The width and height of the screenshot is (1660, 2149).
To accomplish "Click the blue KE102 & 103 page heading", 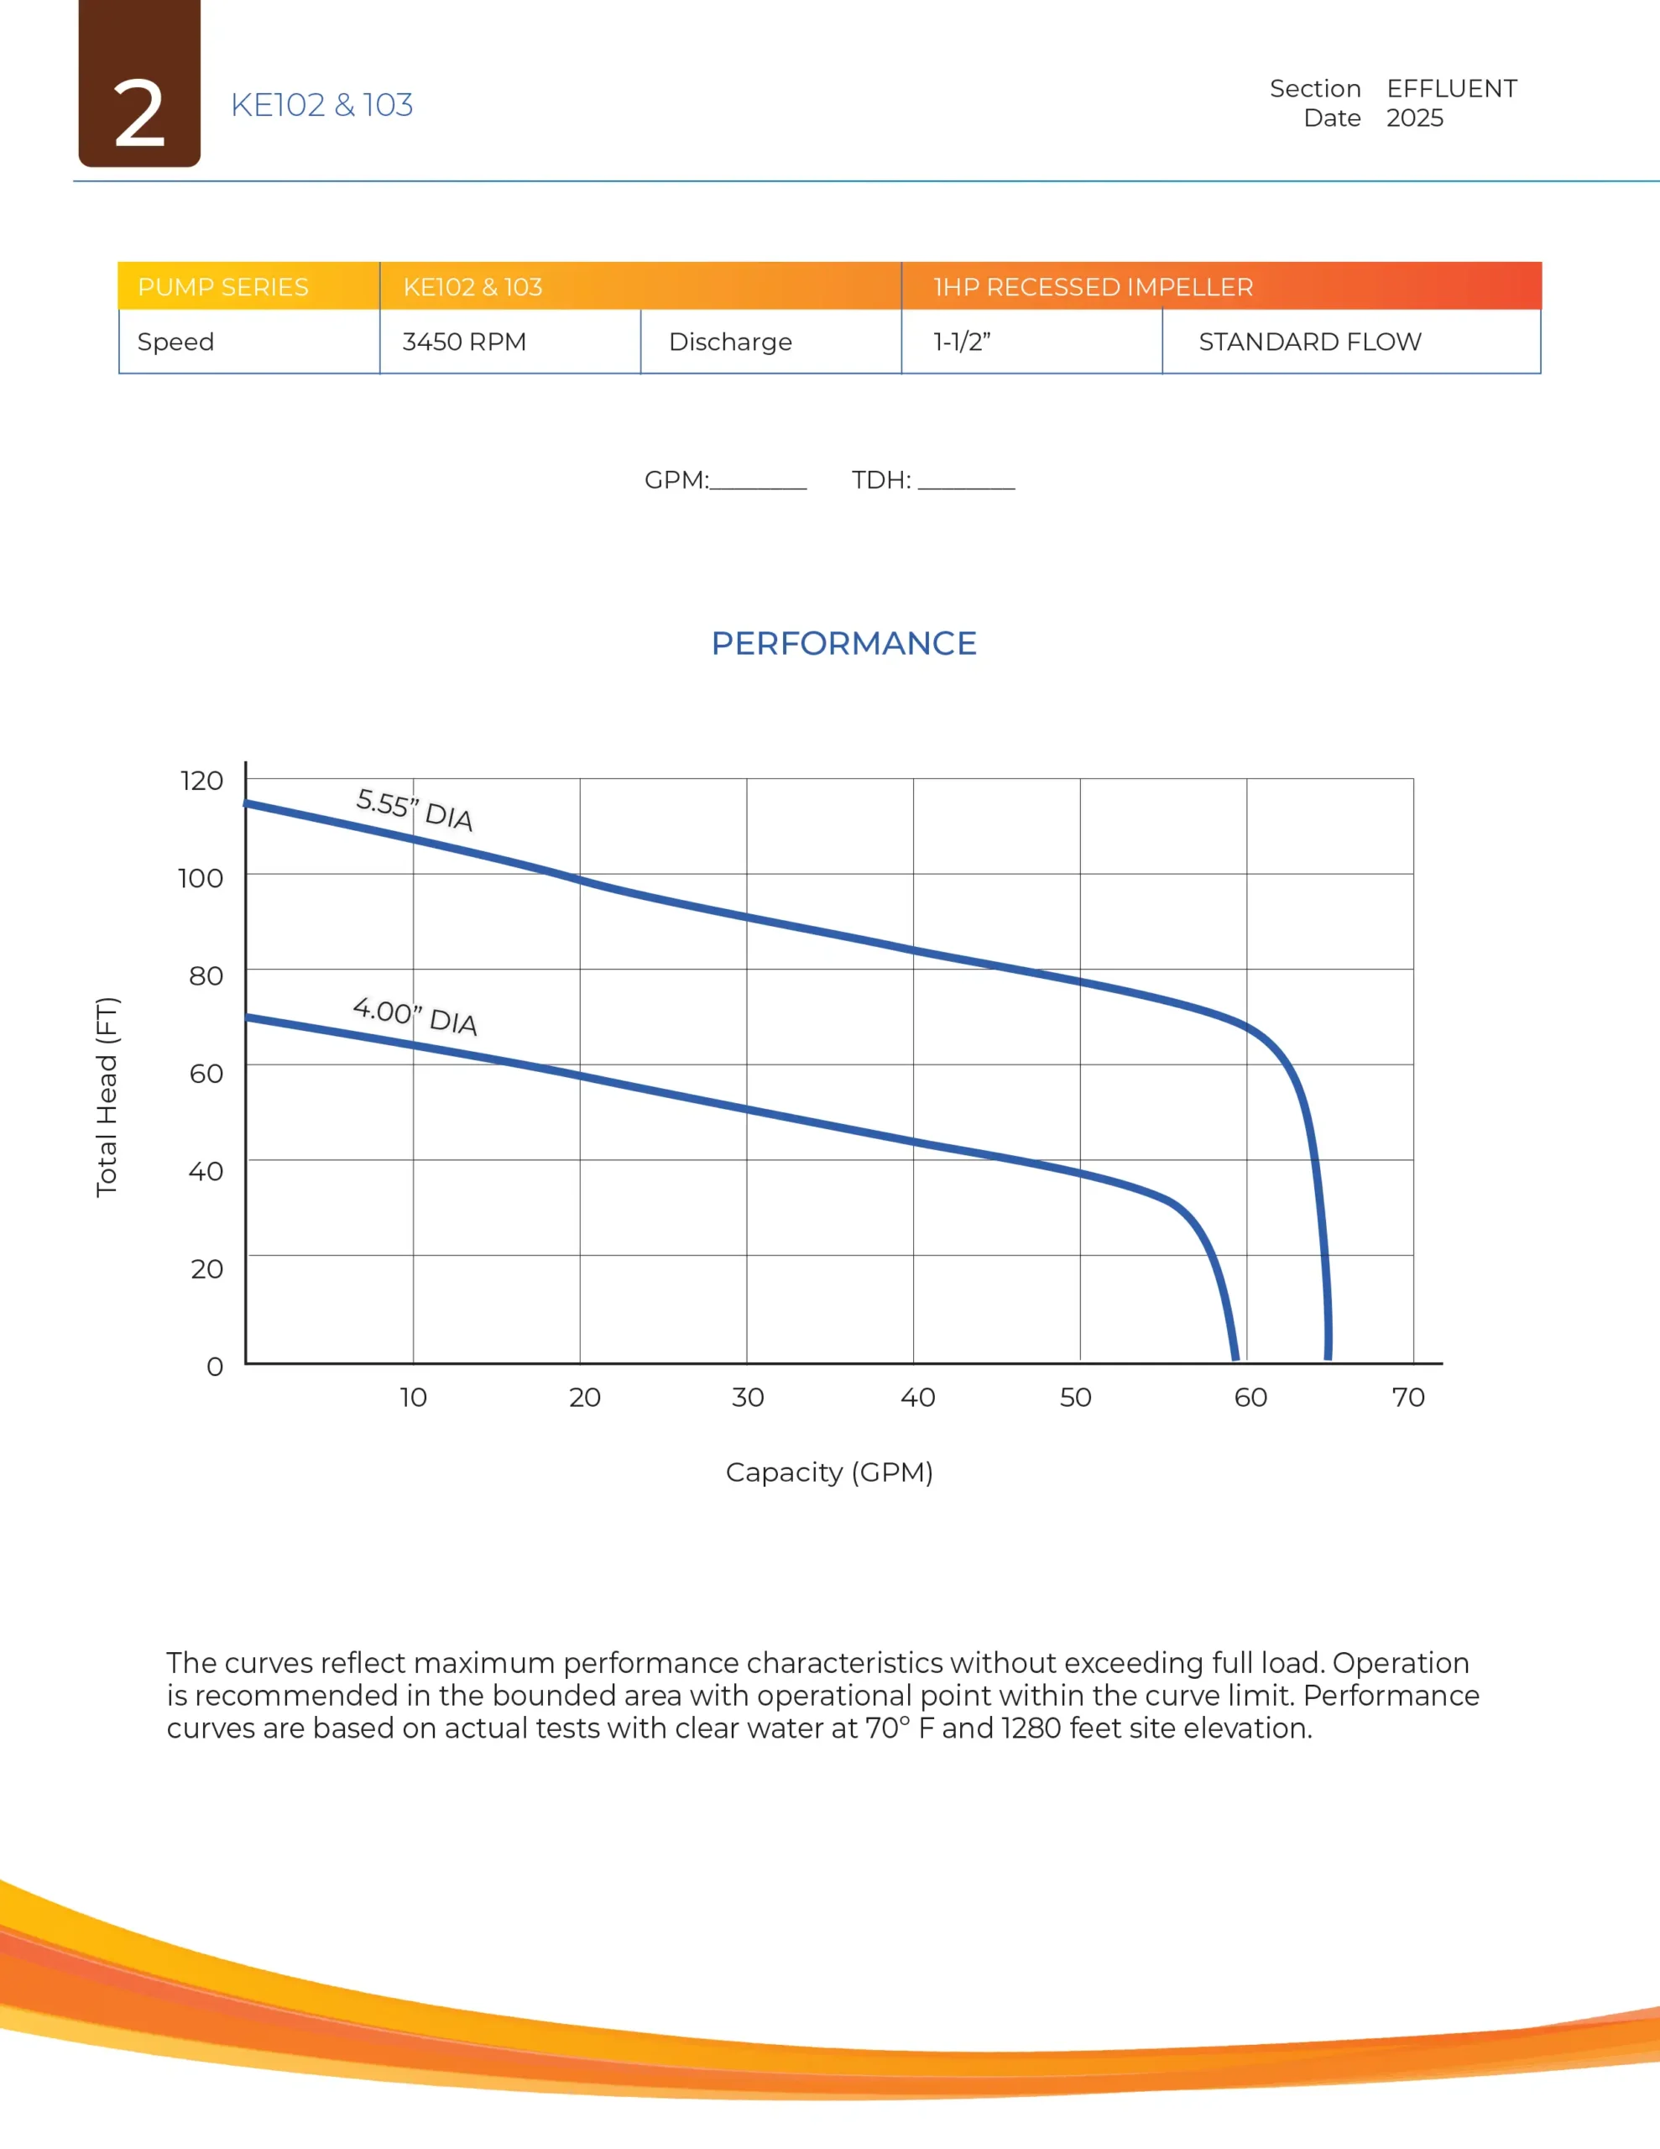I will tap(321, 105).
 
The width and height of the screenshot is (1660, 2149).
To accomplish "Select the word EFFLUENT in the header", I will tap(1451, 88).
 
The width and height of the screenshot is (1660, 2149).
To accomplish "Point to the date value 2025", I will tap(1414, 118).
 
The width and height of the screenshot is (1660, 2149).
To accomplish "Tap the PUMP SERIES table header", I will tap(223, 286).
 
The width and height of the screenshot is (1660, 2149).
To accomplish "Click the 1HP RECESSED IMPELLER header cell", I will tap(1094, 286).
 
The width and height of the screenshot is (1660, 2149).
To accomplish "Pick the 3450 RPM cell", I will tap(464, 342).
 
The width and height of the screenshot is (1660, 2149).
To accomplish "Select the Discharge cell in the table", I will tap(730, 342).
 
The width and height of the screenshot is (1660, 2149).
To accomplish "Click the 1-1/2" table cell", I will tap(962, 342).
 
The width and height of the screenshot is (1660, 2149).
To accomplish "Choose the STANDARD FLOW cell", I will tap(1310, 342).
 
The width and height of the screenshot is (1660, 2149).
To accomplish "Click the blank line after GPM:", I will tap(758, 482).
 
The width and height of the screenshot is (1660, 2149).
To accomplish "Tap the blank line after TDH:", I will tap(965, 482).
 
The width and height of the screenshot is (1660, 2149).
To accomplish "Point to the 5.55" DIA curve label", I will tap(415, 809).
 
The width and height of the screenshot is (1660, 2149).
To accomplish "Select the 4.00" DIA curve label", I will tap(415, 1016).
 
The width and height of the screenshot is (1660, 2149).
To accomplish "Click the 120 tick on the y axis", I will tap(201, 781).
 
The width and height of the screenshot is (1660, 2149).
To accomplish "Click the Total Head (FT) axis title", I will tap(107, 1096).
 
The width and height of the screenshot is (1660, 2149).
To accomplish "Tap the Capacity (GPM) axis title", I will tap(828, 1472).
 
